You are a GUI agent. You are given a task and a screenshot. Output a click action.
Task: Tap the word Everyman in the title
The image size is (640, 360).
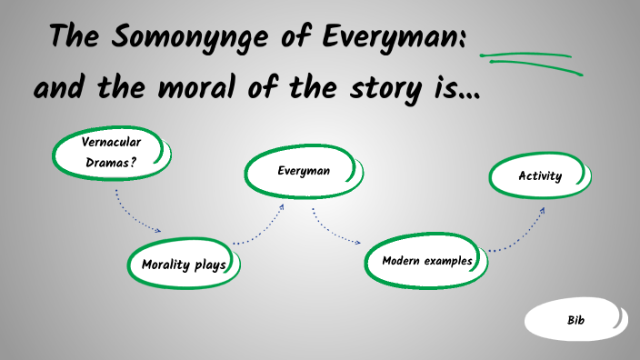395,38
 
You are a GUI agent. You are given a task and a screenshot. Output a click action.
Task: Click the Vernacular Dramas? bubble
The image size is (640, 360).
111,152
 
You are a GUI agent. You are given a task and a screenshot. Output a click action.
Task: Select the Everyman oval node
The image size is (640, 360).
303,171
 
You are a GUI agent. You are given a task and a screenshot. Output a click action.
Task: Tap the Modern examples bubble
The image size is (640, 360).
426,261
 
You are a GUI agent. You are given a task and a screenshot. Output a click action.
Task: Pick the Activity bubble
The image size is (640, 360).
540,176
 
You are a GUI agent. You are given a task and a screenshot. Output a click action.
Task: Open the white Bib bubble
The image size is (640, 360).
575,320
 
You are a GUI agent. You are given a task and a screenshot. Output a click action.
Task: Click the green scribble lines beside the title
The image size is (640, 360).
532,60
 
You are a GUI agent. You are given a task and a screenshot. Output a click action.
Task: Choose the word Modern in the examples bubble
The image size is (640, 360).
403,261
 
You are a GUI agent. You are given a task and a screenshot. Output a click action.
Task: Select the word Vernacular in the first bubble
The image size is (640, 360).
112,142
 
